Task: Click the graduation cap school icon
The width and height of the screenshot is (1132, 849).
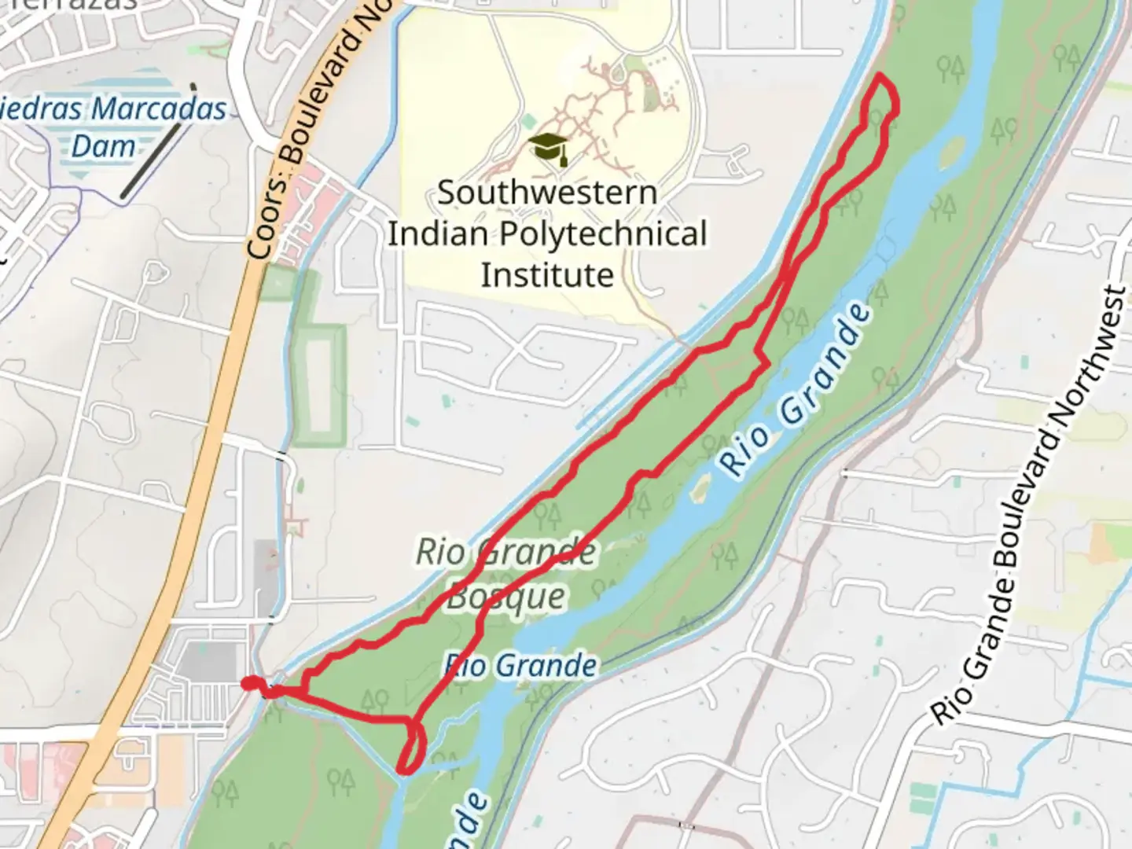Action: (547, 148)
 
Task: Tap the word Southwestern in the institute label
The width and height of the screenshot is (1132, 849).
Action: (547, 193)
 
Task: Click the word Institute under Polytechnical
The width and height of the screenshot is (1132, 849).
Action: (547, 276)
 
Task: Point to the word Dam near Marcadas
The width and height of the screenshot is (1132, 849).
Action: (103, 147)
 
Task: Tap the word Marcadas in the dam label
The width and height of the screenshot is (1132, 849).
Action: (159, 108)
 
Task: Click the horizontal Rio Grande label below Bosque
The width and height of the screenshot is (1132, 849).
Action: (520, 666)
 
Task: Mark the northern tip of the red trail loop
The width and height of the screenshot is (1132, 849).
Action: (880, 76)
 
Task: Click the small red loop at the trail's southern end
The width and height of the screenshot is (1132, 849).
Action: (413, 747)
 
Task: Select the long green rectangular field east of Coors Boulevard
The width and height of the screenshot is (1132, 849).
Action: (320, 385)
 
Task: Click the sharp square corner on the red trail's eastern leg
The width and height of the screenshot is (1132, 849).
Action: (767, 364)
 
